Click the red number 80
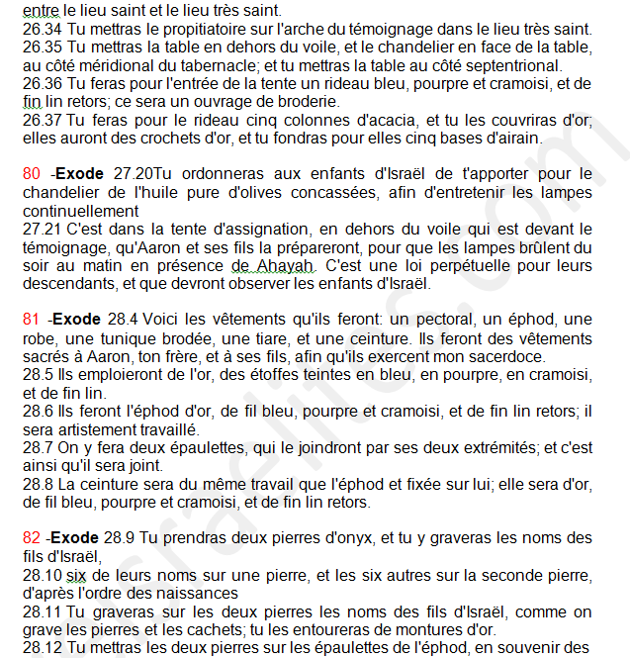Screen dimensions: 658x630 click(32, 174)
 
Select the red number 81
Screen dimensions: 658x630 click(32, 320)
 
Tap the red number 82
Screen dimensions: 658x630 click(32, 538)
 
